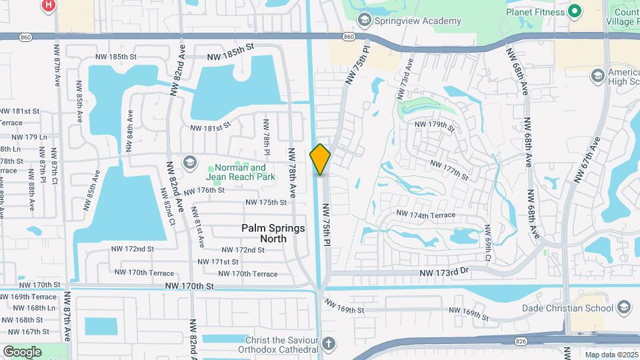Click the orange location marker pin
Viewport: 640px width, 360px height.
coord(320,159)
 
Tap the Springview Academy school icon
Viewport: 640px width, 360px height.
coord(364,20)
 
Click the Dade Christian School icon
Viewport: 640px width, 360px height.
coord(624,307)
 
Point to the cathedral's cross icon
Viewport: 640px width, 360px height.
coord(327,344)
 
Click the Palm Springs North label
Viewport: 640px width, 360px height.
coord(273,233)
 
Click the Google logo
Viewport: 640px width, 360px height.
coord(22,351)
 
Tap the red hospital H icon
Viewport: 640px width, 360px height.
coord(48,6)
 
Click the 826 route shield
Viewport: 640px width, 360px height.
coord(521,341)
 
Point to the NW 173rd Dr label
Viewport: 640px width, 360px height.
coord(445,273)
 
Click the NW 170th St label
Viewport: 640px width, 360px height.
coord(190,286)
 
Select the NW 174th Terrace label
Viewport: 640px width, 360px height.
coord(425,215)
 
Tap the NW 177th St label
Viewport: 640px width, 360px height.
coord(450,169)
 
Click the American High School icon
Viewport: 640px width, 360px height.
coord(597,75)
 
